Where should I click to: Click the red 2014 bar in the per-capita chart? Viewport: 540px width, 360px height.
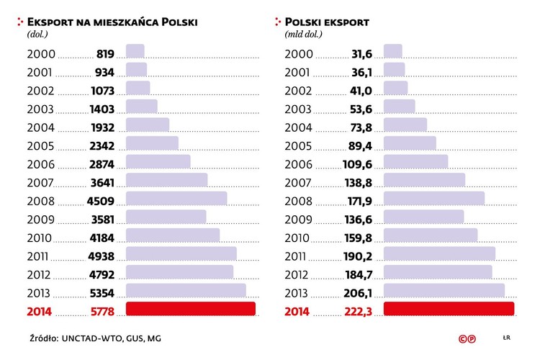coord(191,309)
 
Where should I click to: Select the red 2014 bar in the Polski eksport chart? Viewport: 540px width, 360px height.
coord(449,309)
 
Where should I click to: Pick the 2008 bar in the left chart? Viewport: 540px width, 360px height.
coord(176,198)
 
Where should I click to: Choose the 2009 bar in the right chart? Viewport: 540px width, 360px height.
coord(423,217)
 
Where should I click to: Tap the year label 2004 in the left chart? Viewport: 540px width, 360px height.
coord(40,127)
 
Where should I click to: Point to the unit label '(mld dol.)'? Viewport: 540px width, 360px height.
coord(305,34)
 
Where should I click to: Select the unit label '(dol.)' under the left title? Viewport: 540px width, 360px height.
coord(37,34)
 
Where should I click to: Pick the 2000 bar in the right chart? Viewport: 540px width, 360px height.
coord(393,51)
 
